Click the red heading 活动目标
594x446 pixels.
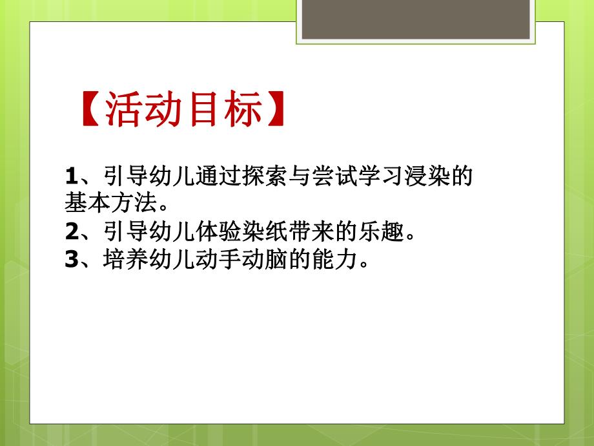tap(183, 109)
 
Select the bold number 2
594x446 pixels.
tap(71, 231)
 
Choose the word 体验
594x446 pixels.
tap(220, 231)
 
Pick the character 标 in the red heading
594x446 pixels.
tap(243, 109)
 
